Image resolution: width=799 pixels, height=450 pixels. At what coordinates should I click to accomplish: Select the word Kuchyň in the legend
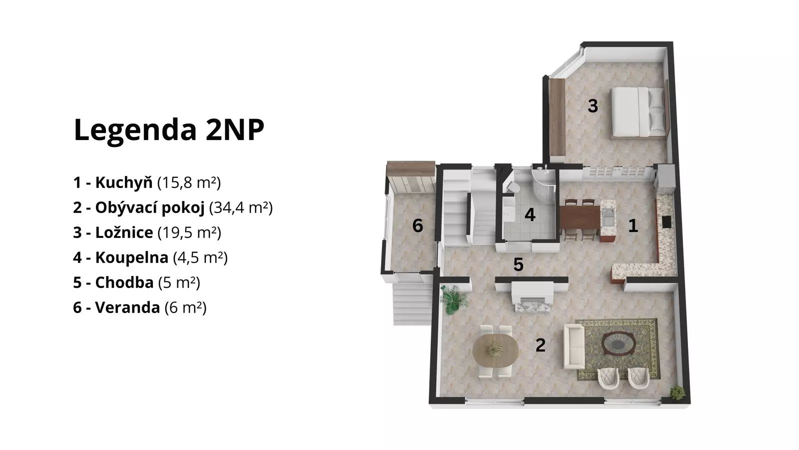tap(124, 182)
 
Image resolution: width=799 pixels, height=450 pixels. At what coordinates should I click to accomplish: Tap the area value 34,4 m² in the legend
tap(241, 207)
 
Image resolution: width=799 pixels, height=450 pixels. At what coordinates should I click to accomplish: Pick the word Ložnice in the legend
tap(124, 232)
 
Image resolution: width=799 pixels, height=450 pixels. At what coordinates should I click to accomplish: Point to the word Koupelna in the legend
tap(132, 257)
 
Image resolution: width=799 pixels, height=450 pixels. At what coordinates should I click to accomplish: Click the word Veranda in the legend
tap(127, 307)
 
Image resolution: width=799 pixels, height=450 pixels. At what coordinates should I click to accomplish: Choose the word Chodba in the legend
tap(124, 282)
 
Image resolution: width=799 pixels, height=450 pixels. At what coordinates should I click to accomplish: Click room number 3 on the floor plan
tap(592, 105)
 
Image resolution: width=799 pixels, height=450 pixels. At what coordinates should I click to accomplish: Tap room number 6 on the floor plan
tap(417, 225)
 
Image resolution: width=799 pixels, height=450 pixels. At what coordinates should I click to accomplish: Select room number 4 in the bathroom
tap(530, 214)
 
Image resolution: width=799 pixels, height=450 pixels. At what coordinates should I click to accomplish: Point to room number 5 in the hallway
tap(518, 264)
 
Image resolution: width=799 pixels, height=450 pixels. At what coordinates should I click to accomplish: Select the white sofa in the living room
tap(574, 346)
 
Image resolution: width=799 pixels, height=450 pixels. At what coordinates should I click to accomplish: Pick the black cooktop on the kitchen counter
tap(666, 222)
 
